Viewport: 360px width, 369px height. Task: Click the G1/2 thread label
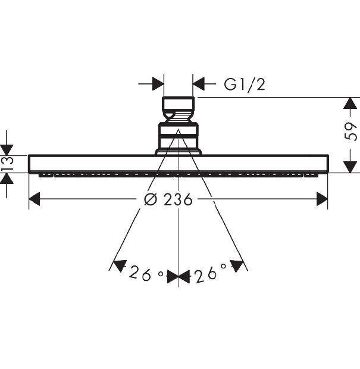[x=245, y=85]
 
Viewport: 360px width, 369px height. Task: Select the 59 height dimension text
[x=350, y=132]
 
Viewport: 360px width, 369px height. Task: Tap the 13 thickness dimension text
[x=7, y=164]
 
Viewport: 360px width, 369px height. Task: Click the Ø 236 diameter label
[x=168, y=199]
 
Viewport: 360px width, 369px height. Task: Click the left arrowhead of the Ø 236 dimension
[x=35, y=199]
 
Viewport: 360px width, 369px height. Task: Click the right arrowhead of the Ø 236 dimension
[x=322, y=199]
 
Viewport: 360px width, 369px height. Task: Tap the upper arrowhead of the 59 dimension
[x=350, y=103]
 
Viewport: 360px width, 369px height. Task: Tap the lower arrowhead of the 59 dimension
[x=350, y=167]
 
